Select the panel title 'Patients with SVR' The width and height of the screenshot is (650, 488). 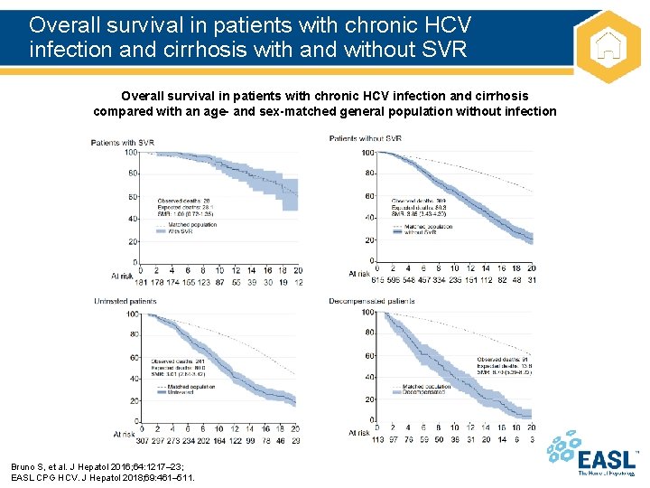(122, 142)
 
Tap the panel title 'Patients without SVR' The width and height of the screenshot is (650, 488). (366, 138)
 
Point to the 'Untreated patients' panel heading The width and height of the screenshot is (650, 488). (125, 302)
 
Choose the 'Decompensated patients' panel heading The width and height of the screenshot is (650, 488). (373, 301)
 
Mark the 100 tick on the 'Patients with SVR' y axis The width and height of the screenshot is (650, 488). (131, 153)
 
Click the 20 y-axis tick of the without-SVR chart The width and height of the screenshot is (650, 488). (368, 240)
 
